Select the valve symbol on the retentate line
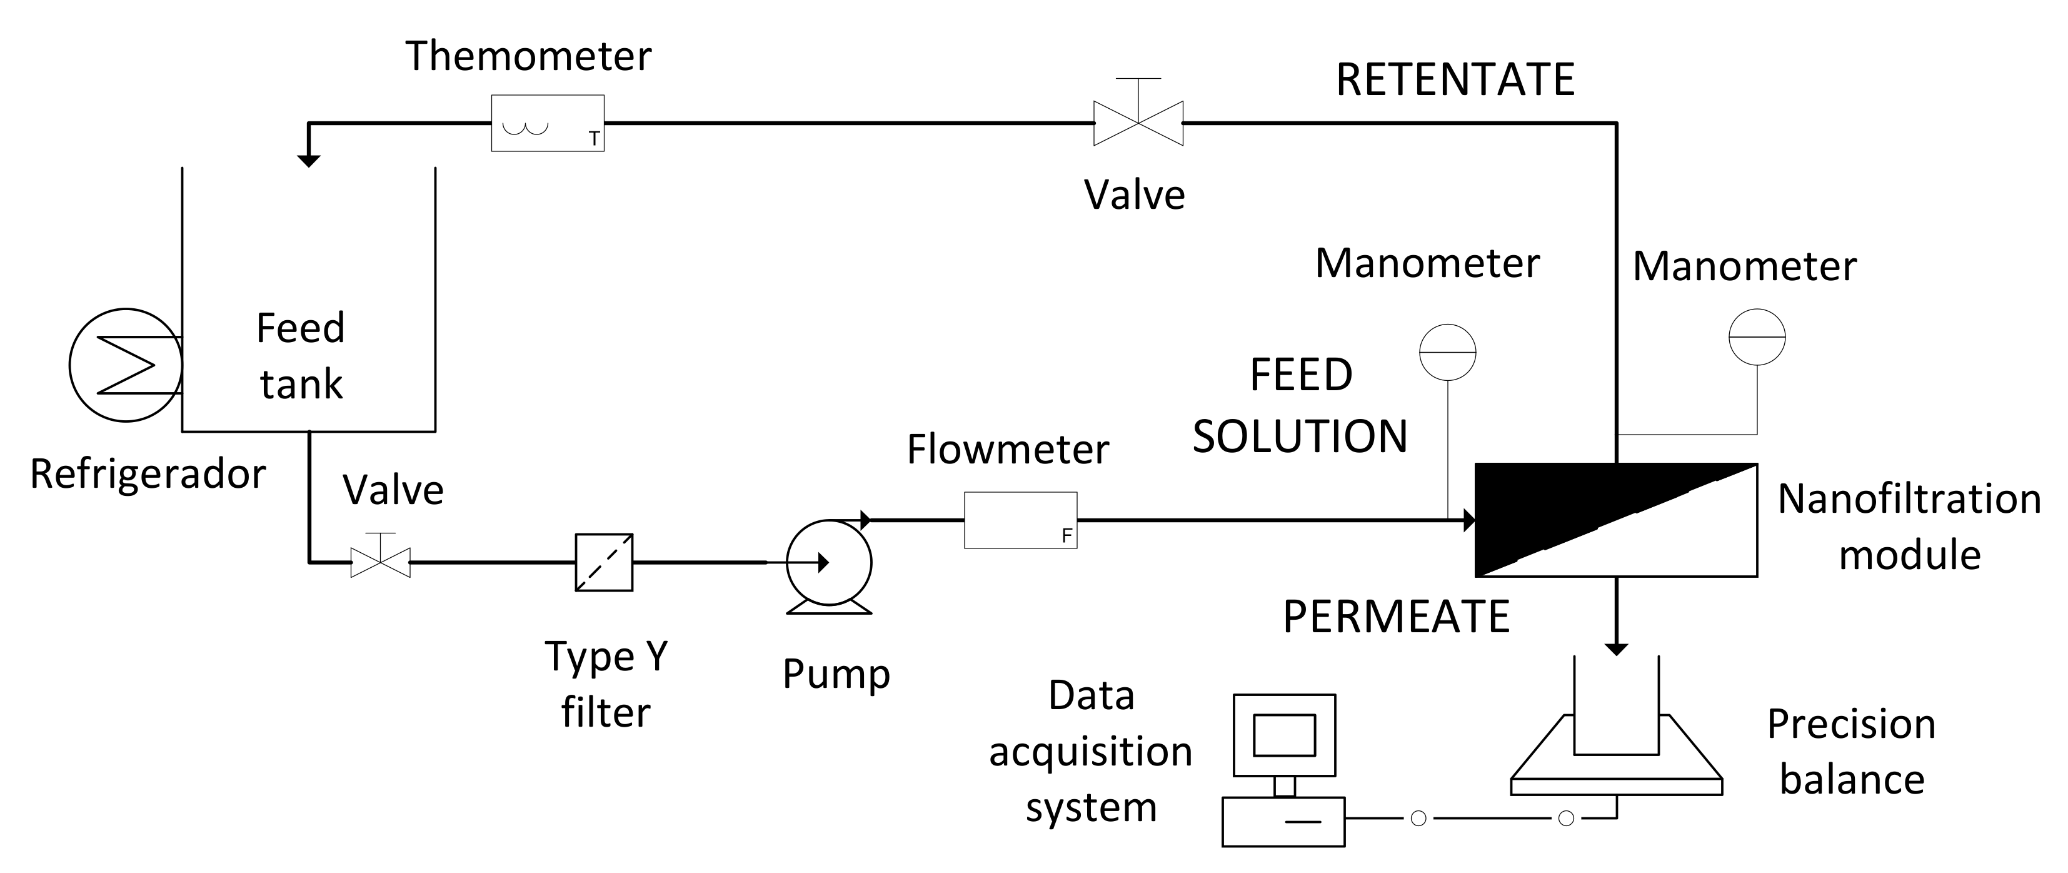tap(1138, 123)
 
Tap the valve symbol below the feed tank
tap(381, 562)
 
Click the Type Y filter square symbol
tap(604, 562)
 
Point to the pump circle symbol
tap(828, 562)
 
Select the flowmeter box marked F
tap(1020, 520)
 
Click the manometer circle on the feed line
tap(1447, 352)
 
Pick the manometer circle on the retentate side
tap(1757, 337)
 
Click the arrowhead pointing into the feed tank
tap(308, 160)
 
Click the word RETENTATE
tap(1455, 79)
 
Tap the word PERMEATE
tap(1396, 617)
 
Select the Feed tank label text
tap(300, 356)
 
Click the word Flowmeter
tap(1008, 449)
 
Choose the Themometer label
tap(528, 56)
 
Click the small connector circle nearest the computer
tap(1418, 819)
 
